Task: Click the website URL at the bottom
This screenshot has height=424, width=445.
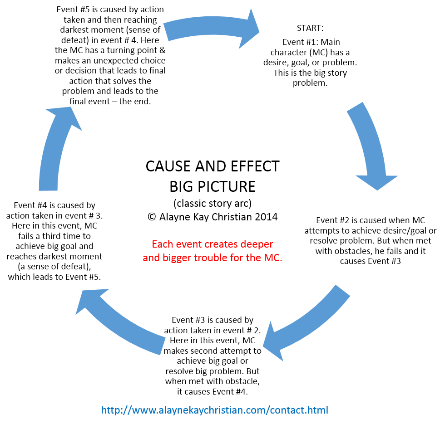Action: pos(214,410)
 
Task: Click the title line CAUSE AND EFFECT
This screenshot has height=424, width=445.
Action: pos(212,166)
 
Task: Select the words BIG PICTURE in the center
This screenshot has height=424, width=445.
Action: pos(212,186)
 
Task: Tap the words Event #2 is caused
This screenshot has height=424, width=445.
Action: pos(346,220)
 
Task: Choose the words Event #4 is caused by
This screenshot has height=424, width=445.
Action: pos(54,205)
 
